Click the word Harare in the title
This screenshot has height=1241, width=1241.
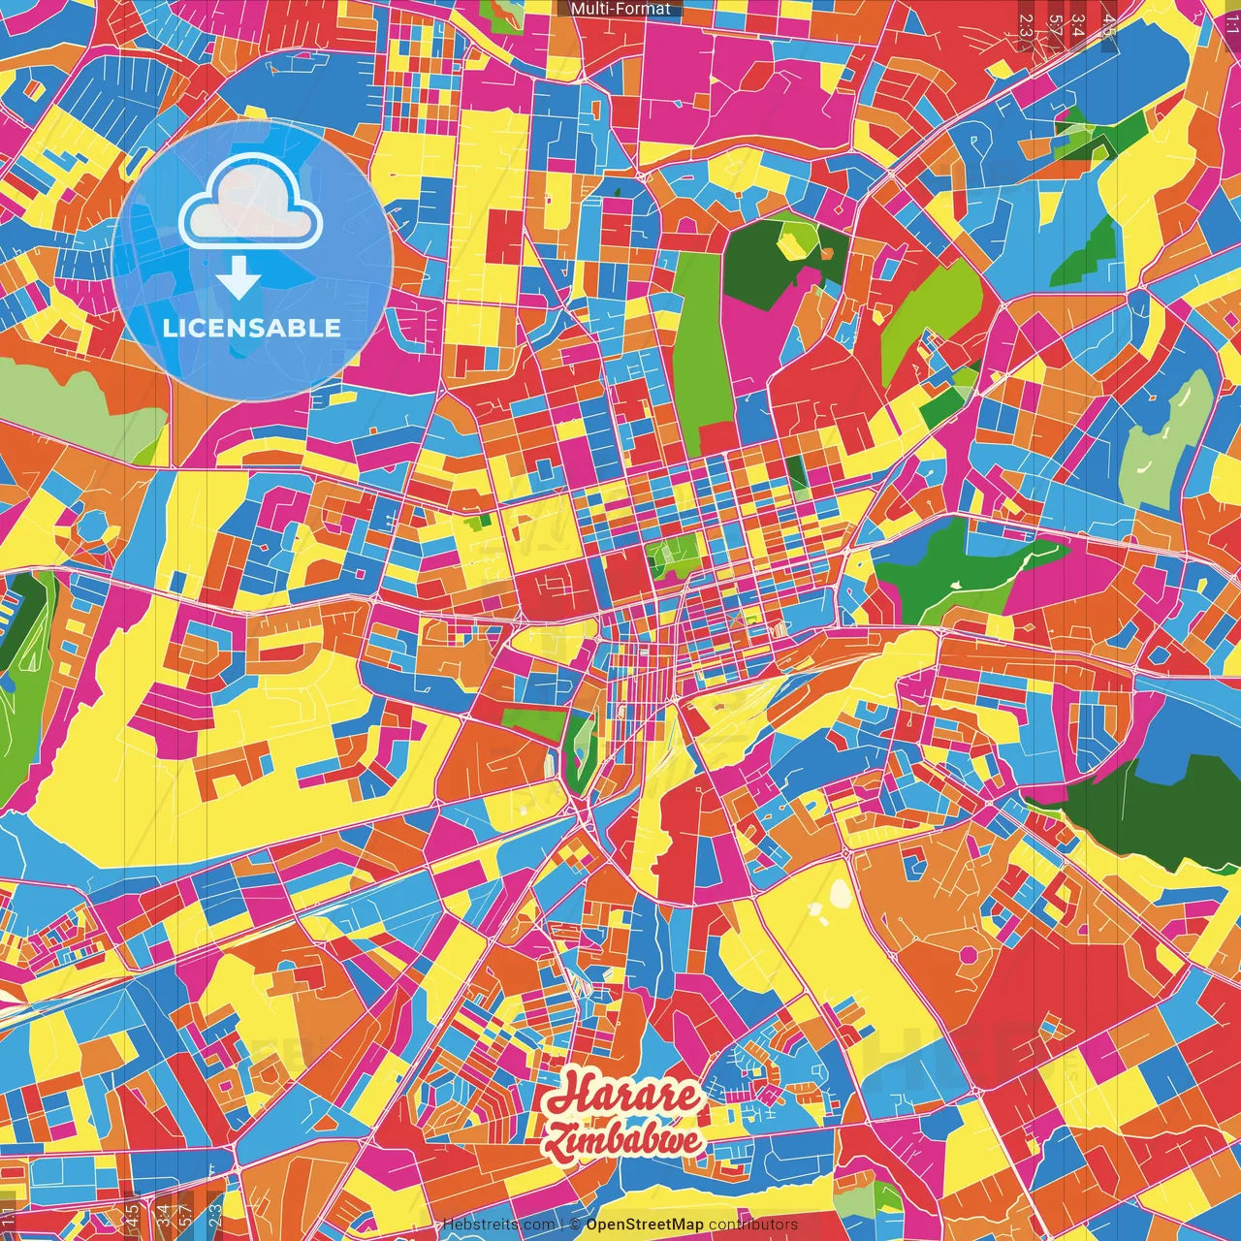620,1096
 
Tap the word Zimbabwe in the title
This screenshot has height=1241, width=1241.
622,1140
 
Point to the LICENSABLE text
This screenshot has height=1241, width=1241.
252,328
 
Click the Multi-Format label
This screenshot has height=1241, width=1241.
620,9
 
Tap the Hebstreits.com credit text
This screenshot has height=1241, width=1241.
498,1225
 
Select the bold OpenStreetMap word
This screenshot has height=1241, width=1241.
645,1225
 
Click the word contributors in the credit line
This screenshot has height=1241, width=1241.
753,1225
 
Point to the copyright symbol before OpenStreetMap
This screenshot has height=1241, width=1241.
575,1225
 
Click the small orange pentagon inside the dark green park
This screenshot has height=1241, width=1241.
828,254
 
